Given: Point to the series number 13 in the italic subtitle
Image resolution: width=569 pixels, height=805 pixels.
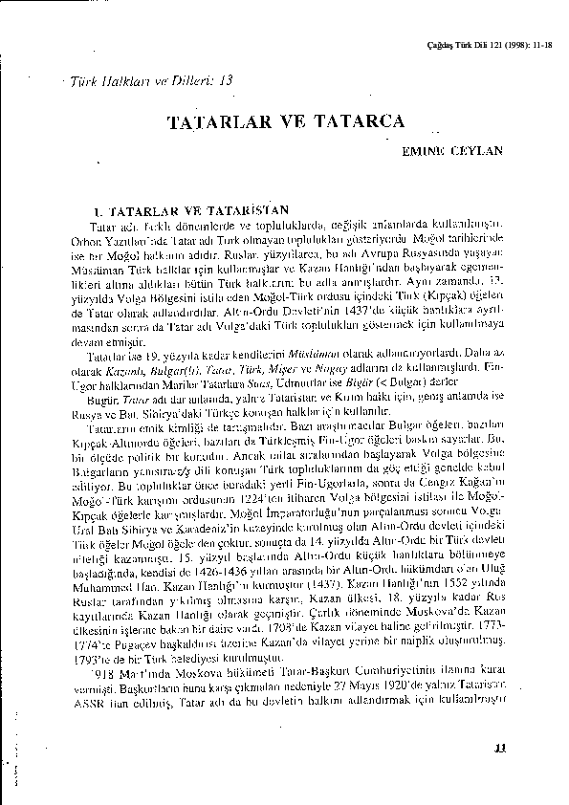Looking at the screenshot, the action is point(225,81).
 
